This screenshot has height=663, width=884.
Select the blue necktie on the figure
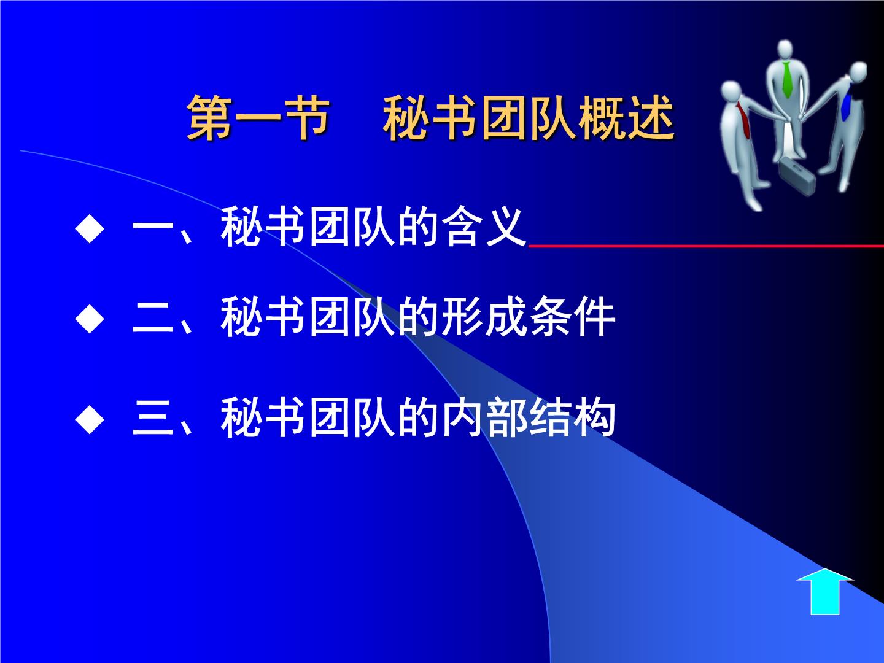tap(846, 107)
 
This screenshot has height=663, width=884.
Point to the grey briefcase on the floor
tap(796, 177)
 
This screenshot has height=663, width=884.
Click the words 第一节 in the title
tap(258, 117)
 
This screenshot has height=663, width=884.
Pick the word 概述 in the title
tap(626, 117)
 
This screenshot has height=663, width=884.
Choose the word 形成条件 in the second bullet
tap(529, 317)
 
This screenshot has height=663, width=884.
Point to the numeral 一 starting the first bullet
tap(153, 229)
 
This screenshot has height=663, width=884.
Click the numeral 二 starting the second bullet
tap(153, 319)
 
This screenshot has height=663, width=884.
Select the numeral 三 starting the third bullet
tap(153, 419)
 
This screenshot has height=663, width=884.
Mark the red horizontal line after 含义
tap(706, 246)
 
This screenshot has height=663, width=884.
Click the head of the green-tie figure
tap(785, 50)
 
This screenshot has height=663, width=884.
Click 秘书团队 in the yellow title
tap(480, 117)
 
